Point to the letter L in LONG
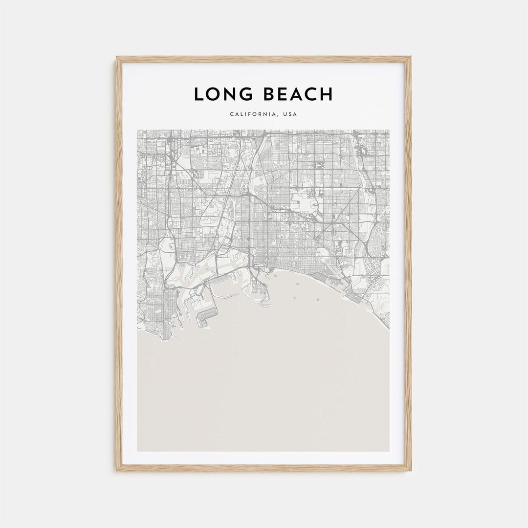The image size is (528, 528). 198,94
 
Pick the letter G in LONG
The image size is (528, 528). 246,94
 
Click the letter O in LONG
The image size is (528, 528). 214,94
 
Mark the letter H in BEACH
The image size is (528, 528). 327,94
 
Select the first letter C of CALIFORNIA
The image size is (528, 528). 231,114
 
